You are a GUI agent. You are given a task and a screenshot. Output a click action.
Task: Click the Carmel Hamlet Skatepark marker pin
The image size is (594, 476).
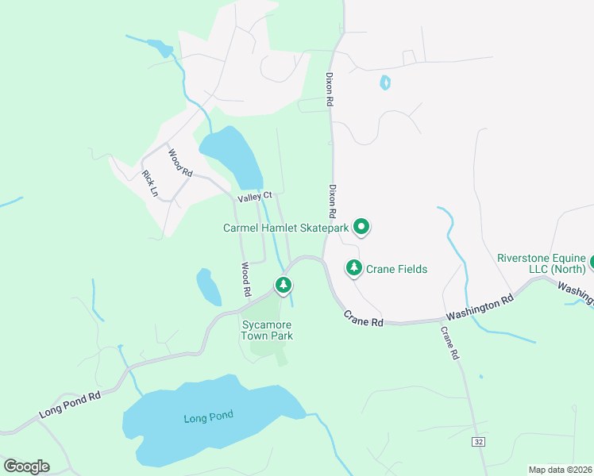361,228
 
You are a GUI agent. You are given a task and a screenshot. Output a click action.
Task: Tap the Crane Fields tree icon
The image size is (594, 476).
354,268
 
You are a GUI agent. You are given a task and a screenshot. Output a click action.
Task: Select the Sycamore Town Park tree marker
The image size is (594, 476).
282,284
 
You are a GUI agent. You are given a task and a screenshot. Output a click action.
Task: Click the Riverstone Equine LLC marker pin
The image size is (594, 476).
591,262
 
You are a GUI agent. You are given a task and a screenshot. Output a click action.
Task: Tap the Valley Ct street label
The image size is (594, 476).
255,195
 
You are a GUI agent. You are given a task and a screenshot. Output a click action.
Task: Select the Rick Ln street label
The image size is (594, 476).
149,183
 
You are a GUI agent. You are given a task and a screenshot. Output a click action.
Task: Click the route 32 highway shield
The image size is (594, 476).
477,442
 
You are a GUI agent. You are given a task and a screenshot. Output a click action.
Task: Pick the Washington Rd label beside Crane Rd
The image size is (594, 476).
479,309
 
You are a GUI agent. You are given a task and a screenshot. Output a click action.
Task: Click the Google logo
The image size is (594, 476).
26,466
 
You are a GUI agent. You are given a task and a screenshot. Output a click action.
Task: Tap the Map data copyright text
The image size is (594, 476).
560,470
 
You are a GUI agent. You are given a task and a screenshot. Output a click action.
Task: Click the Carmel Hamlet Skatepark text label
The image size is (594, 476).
286,228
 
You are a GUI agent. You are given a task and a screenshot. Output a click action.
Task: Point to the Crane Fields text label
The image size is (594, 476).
396,269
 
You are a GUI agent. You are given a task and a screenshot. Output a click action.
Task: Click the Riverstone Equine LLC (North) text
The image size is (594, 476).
542,263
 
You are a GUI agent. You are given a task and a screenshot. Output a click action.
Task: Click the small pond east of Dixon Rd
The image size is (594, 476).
385,83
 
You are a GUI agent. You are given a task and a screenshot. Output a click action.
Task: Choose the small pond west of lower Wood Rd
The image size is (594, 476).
208,287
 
